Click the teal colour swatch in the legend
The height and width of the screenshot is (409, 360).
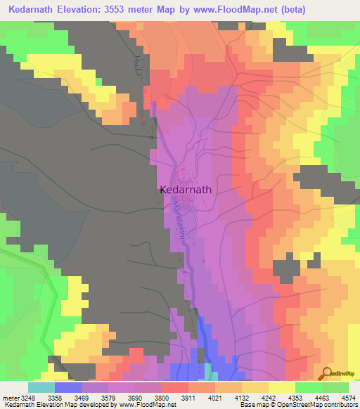pos(41,387)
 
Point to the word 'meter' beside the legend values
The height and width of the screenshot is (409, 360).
pos(10,398)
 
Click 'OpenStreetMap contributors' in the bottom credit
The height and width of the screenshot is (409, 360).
pos(324,405)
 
